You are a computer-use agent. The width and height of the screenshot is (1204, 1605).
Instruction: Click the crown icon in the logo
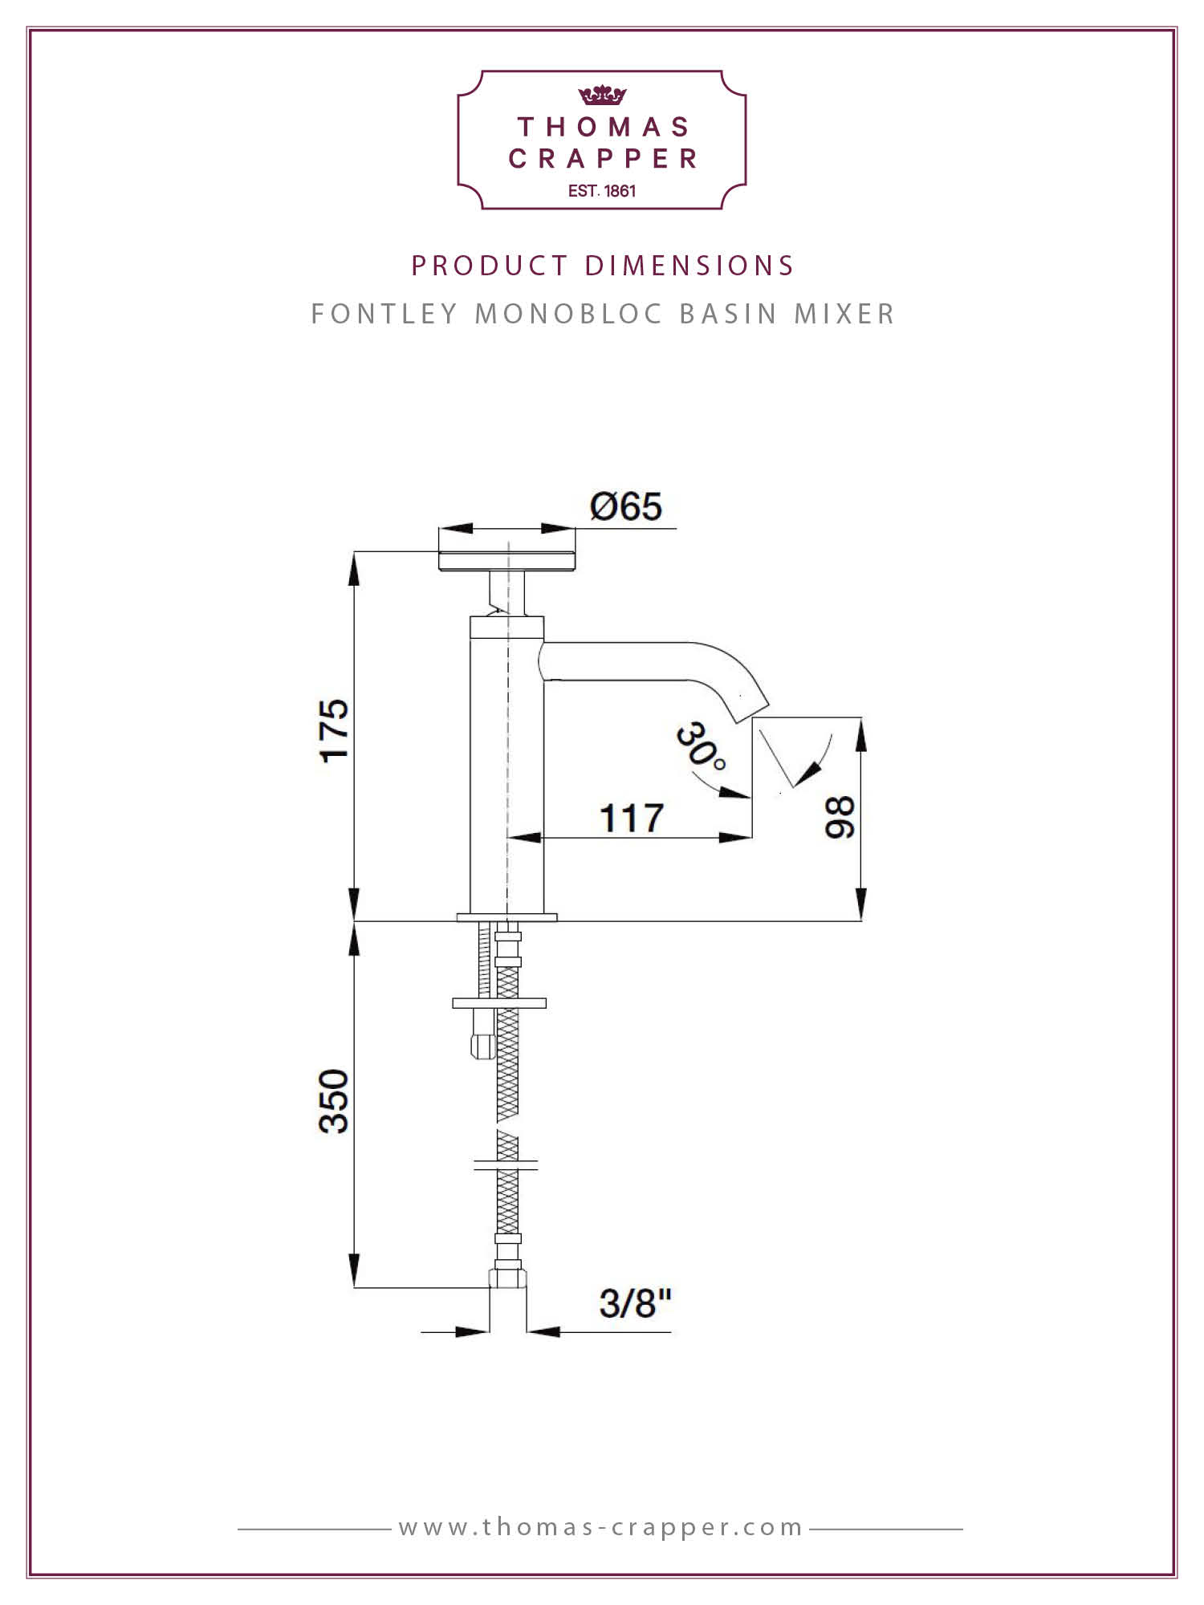pyautogui.click(x=602, y=95)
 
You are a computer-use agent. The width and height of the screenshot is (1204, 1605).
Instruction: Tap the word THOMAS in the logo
pyautogui.click(x=604, y=127)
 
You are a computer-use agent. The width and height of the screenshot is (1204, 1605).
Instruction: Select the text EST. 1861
pyautogui.click(x=602, y=191)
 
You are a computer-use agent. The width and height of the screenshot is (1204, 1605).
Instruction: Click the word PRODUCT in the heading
pyautogui.click(x=490, y=266)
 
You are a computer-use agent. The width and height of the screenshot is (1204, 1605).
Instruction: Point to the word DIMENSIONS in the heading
pyautogui.click(x=689, y=266)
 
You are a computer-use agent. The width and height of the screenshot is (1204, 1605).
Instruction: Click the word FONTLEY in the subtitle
pyautogui.click(x=384, y=314)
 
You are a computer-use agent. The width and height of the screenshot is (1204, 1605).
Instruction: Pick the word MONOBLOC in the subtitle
pyautogui.click(x=569, y=314)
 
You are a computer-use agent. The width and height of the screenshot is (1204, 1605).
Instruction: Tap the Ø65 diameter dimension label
pyautogui.click(x=626, y=506)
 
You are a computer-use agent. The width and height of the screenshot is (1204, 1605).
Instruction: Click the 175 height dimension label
pyautogui.click(x=335, y=730)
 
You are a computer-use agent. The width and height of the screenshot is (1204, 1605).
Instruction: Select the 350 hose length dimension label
pyautogui.click(x=335, y=1101)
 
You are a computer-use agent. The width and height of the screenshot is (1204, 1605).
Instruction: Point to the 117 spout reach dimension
pyautogui.click(x=632, y=819)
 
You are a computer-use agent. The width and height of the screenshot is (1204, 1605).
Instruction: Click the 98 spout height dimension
pyautogui.click(x=840, y=818)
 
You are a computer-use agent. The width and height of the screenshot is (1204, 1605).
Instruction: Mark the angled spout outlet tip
pyautogui.click(x=753, y=710)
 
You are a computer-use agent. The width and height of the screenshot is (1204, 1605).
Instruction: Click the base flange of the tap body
pyautogui.click(x=507, y=917)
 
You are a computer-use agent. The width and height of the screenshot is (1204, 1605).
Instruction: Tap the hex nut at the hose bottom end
pyautogui.click(x=508, y=1277)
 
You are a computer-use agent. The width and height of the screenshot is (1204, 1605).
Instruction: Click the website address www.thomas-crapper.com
pyautogui.click(x=601, y=1526)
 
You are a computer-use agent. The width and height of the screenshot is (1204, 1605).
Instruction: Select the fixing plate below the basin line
pyautogui.click(x=499, y=1003)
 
